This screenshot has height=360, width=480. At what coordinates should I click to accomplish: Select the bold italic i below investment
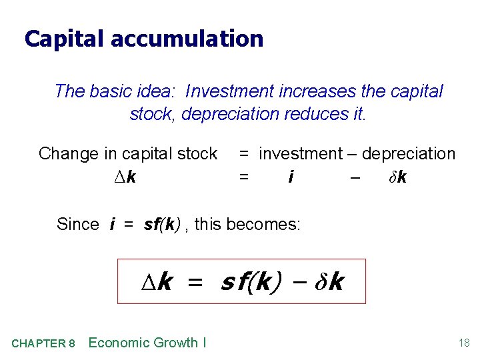291,177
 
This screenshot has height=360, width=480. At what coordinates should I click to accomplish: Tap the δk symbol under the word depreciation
399,177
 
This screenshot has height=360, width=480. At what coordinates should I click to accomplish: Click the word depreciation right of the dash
409,154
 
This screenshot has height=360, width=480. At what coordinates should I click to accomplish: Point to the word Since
78,225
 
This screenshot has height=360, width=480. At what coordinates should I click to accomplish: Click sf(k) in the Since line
162,225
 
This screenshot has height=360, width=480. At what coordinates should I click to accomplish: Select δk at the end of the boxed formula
328,282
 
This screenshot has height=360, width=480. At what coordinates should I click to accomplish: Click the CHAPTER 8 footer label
43,344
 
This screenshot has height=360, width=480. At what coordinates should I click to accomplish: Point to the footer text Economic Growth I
147,343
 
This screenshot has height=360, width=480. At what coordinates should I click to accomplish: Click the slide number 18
464,343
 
